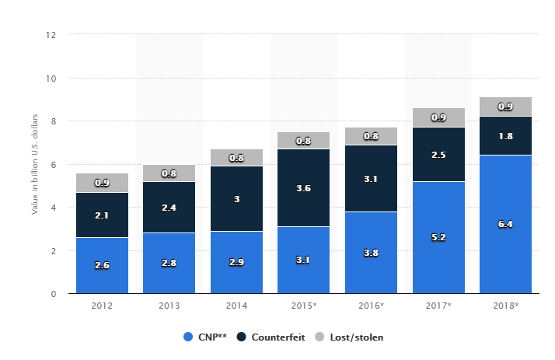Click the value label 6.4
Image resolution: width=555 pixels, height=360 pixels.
tap(505, 224)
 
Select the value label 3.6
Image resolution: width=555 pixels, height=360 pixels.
tap(304, 187)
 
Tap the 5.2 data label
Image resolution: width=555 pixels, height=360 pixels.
tap(438, 237)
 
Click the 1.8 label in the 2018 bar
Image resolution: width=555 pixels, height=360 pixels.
tap(505, 136)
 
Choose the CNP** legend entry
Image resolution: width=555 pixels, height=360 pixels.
tap(207, 337)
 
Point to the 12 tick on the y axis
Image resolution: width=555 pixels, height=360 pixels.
tap(51, 35)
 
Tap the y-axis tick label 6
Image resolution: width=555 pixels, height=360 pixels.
tap(54, 165)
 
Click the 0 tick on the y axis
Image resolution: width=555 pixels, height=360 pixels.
tap(54, 294)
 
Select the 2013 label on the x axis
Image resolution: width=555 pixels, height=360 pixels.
tap(169, 306)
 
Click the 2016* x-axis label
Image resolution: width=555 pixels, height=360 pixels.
tap(371, 306)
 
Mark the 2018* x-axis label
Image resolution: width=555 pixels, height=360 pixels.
tap(505, 306)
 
